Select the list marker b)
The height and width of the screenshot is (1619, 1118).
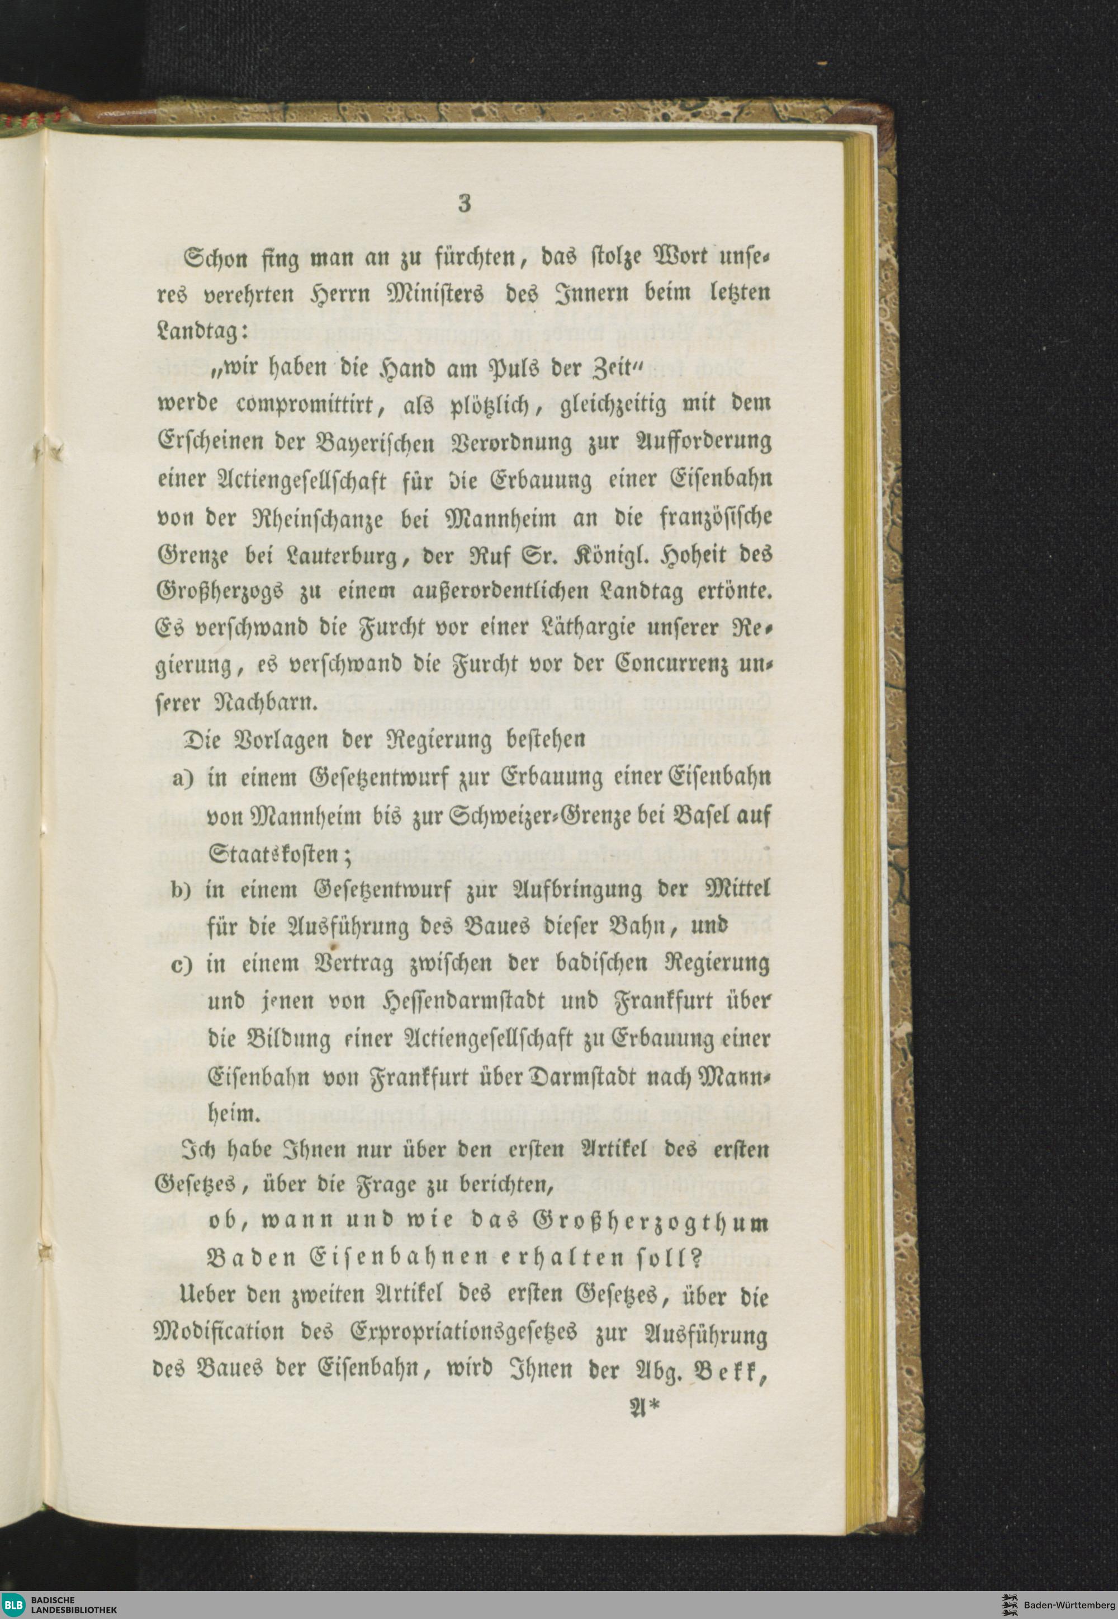[183, 889]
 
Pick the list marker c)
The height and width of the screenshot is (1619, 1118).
[183, 965]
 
